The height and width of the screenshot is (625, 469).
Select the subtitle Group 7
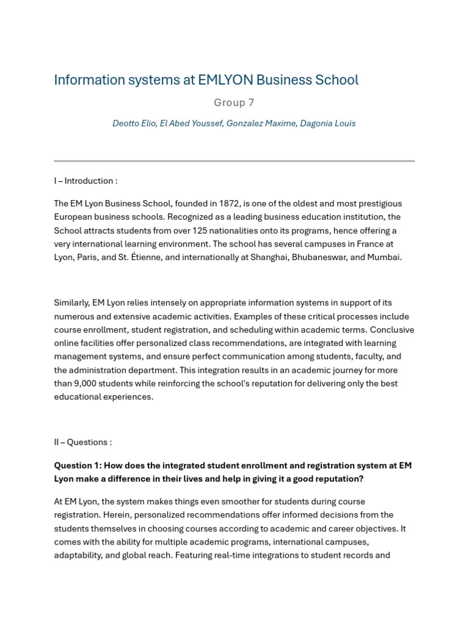[234, 103]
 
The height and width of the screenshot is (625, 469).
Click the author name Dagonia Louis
[328, 123]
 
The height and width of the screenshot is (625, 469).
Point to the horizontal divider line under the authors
[234, 161]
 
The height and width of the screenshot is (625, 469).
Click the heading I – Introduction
[85, 181]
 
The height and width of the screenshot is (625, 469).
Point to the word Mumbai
[384, 257]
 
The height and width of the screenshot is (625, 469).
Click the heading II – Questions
[82, 442]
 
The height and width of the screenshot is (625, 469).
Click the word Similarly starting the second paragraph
[71, 303]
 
